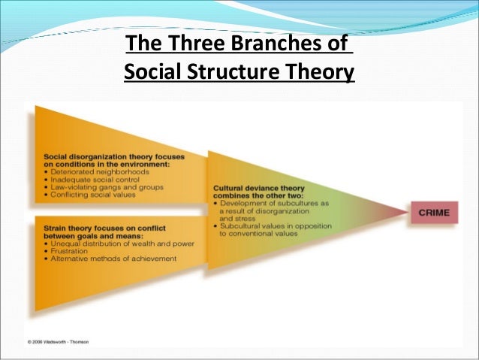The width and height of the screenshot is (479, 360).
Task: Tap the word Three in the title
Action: click(x=197, y=45)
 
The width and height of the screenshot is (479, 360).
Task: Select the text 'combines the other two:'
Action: click(x=249, y=196)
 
